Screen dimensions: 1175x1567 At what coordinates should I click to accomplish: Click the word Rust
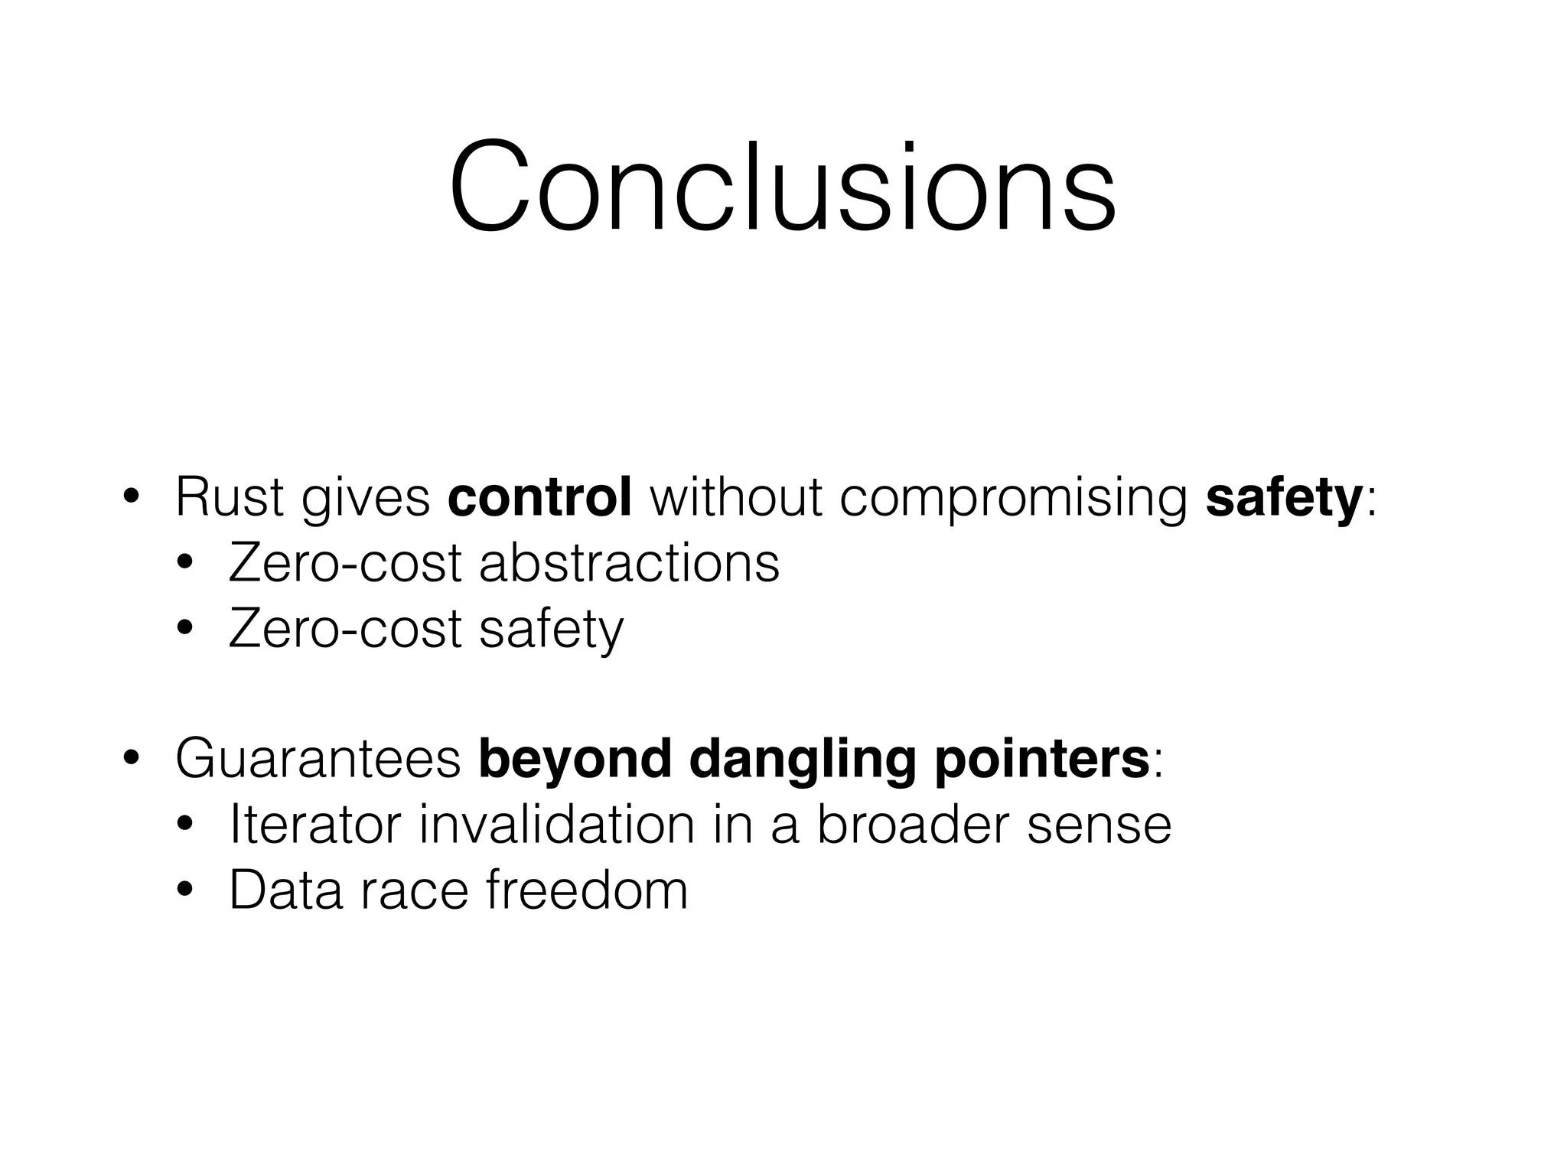(x=229, y=498)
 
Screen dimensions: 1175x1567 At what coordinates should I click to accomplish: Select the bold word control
(x=539, y=498)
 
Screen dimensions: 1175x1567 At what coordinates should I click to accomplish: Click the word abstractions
(x=629, y=564)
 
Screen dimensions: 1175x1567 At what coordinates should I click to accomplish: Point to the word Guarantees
(x=318, y=759)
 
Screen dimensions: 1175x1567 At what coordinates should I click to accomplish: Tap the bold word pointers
(x=1041, y=760)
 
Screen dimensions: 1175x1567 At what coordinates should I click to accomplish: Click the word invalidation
(x=557, y=825)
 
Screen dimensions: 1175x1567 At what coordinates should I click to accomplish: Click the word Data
(x=285, y=890)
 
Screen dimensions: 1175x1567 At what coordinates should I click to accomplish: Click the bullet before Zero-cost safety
(x=184, y=630)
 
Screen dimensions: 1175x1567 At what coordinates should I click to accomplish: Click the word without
(x=735, y=498)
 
